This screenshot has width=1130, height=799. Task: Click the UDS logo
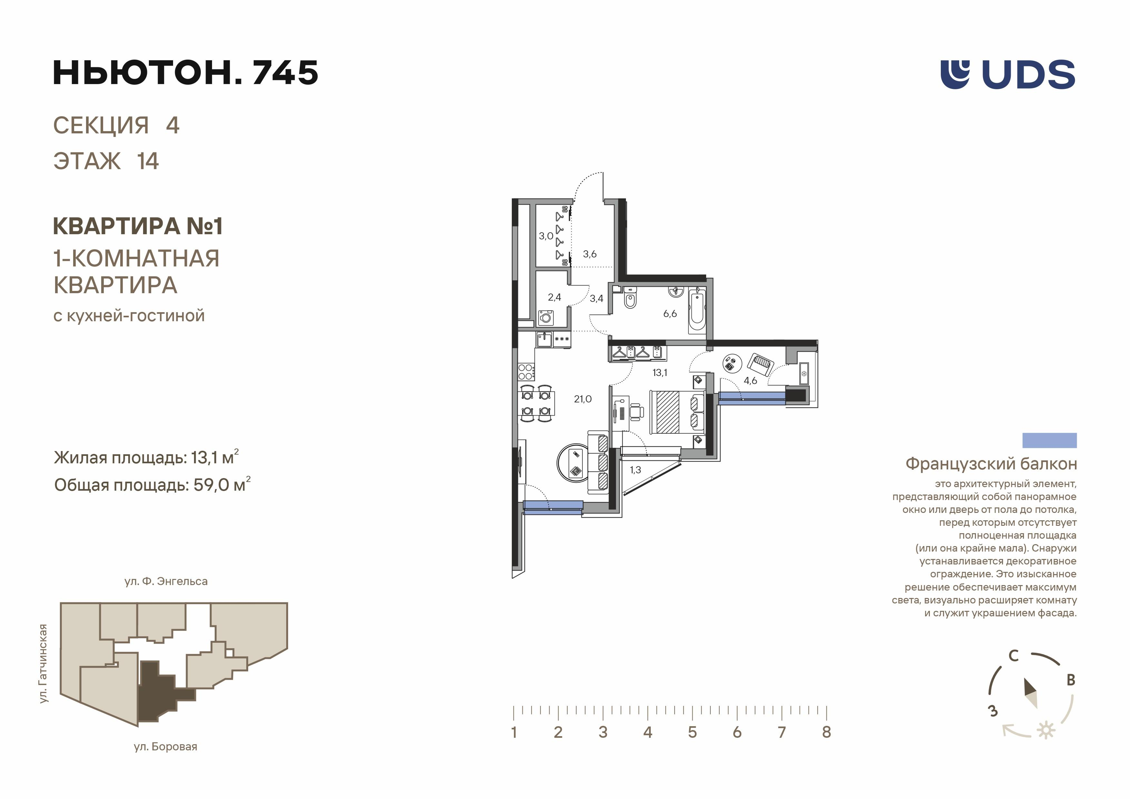point(1008,74)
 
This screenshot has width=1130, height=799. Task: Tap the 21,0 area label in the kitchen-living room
point(583,399)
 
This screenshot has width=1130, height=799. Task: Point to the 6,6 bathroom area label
point(670,313)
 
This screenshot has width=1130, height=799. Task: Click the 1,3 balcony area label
point(635,470)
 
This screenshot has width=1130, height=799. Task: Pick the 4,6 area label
point(750,380)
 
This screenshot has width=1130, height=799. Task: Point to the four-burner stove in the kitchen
point(526,371)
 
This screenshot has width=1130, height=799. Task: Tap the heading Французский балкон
point(991,464)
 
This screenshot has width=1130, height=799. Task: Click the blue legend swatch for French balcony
point(1050,440)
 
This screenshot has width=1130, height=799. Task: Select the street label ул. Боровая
point(165,747)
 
